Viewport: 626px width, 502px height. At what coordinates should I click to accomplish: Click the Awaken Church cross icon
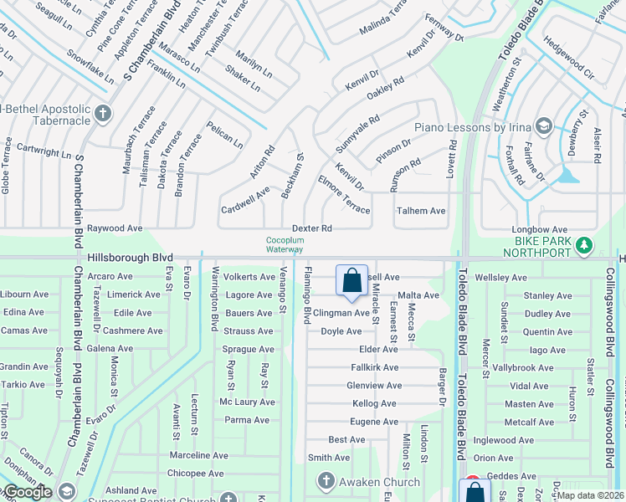pos(326,482)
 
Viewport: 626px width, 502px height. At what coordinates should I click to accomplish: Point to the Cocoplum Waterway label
pos(285,244)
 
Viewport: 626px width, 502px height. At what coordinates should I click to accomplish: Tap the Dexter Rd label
pos(312,228)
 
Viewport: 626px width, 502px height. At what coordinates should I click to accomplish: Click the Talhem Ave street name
pos(421,211)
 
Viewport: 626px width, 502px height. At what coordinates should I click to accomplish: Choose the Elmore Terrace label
pos(344,194)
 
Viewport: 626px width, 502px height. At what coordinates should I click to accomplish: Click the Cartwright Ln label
pos(44,153)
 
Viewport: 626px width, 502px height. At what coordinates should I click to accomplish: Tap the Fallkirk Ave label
pos(375,367)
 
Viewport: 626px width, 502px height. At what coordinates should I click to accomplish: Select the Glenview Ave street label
pos(374,386)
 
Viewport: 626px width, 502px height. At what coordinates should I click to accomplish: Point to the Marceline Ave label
pos(198,456)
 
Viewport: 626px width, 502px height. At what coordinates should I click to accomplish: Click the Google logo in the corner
pos(27,492)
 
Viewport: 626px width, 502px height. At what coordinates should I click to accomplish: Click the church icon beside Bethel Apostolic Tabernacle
pos(103,114)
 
